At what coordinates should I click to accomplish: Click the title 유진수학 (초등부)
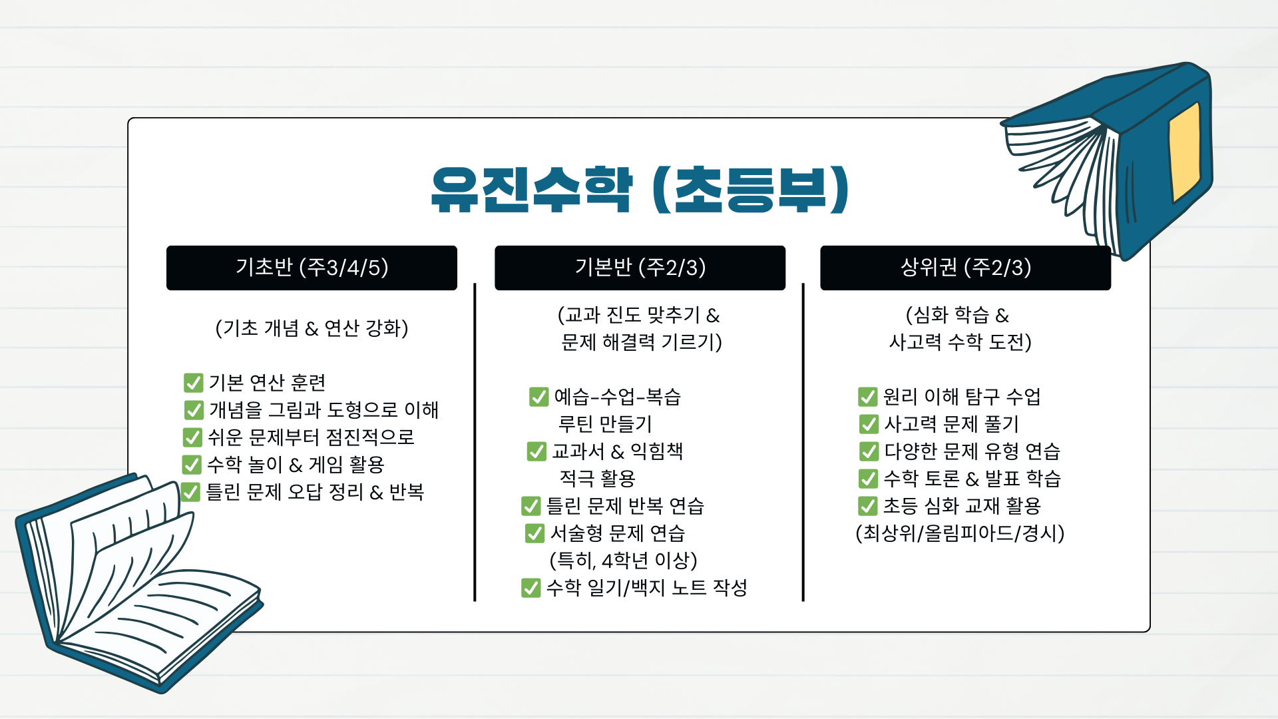coord(639,190)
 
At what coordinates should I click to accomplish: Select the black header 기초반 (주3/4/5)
coord(312,268)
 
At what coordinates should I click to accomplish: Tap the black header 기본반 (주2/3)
coord(640,268)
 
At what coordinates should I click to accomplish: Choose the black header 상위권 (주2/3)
coord(965,268)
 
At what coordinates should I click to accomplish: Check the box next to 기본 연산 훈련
coord(193,383)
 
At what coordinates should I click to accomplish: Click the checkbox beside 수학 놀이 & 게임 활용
coord(192,465)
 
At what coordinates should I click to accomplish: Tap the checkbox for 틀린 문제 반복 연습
coord(531,506)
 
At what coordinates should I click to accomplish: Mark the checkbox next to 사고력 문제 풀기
coord(869,424)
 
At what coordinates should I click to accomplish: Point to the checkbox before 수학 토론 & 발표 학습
coord(868,479)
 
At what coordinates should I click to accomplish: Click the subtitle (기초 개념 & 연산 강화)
coord(312,328)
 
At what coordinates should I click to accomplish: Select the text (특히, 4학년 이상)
coord(623,561)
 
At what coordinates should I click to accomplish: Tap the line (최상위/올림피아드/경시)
coord(960,533)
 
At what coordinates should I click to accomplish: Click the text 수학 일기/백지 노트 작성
coord(646,588)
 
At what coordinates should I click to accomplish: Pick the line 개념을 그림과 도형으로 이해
coord(323,410)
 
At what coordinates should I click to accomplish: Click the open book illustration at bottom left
coord(133,586)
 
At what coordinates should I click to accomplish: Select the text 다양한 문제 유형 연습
coord(971,451)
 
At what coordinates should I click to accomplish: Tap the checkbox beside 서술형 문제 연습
coord(534,533)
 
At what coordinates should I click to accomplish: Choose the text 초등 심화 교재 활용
coord(961,506)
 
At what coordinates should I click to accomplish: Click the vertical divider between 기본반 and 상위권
coord(803,443)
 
